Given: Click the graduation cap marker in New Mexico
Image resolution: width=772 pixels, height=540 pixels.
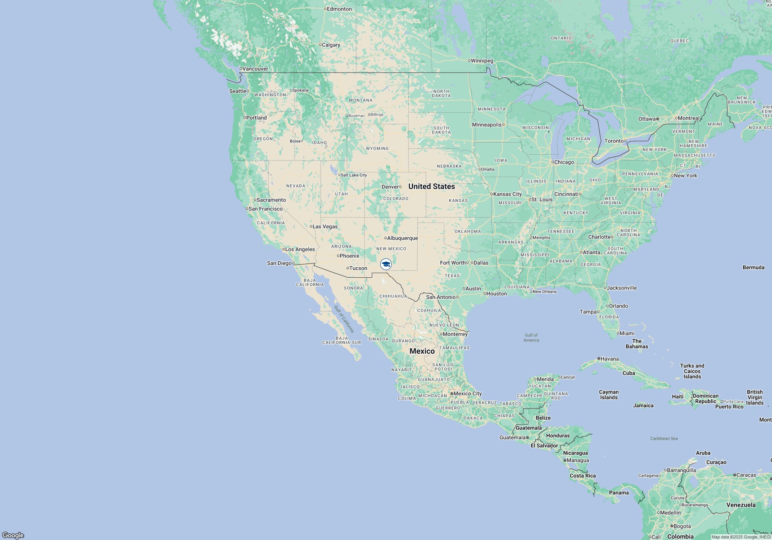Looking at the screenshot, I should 386,264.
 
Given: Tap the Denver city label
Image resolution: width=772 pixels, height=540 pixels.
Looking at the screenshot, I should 390,187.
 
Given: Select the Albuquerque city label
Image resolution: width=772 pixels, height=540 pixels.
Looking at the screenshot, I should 402,238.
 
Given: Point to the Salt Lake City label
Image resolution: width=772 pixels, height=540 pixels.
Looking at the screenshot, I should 354,175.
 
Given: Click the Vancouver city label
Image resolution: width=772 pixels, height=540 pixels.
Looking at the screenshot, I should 255,69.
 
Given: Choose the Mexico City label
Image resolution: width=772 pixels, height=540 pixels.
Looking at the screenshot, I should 467,393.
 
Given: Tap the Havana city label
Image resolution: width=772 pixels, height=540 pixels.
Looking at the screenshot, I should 609,359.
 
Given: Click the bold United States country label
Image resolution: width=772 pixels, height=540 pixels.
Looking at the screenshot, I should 432,186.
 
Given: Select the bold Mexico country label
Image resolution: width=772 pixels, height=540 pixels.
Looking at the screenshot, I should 422,351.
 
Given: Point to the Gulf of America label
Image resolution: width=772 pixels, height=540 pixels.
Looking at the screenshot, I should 531,337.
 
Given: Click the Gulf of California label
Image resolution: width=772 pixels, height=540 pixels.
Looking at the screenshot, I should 344,319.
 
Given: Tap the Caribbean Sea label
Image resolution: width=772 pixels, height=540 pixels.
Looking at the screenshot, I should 664,439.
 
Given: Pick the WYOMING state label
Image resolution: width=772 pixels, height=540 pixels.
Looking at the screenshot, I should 377,148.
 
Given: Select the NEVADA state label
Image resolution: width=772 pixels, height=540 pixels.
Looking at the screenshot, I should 296,186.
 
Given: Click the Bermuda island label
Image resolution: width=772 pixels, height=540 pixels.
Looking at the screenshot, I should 753,267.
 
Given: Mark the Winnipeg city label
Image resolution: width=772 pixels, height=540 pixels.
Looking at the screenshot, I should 482,61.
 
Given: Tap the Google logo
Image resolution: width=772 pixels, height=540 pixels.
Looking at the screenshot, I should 13,535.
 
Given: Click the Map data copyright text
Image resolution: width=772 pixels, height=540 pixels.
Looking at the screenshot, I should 741,537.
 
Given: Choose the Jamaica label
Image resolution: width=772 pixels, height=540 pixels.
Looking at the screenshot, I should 643,405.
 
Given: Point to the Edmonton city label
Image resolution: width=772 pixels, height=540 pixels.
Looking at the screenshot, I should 339,9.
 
